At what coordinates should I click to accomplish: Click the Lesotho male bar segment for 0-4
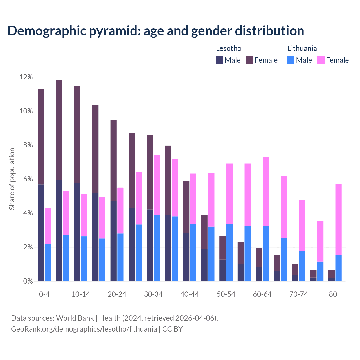tap(41, 233)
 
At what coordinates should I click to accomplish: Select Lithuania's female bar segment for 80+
tap(338, 219)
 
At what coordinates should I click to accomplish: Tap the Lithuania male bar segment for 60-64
tap(266, 253)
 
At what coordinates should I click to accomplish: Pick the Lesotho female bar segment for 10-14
tap(77, 135)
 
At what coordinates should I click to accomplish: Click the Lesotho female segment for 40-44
tap(186, 207)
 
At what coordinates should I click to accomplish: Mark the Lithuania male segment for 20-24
tap(120, 257)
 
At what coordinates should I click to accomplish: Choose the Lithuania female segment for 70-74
tap(302, 226)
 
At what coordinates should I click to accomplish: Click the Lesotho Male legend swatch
tap(220, 60)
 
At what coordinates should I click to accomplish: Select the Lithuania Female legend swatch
tap(321, 60)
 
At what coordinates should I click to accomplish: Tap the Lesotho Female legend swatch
tap(249, 60)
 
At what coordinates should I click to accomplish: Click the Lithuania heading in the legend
tap(302, 48)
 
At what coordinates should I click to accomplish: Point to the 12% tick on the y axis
tap(26, 77)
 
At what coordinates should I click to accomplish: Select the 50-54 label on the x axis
tap(226, 294)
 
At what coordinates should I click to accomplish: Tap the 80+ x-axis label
tap(335, 294)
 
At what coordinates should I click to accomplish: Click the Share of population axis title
tap(12, 179)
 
